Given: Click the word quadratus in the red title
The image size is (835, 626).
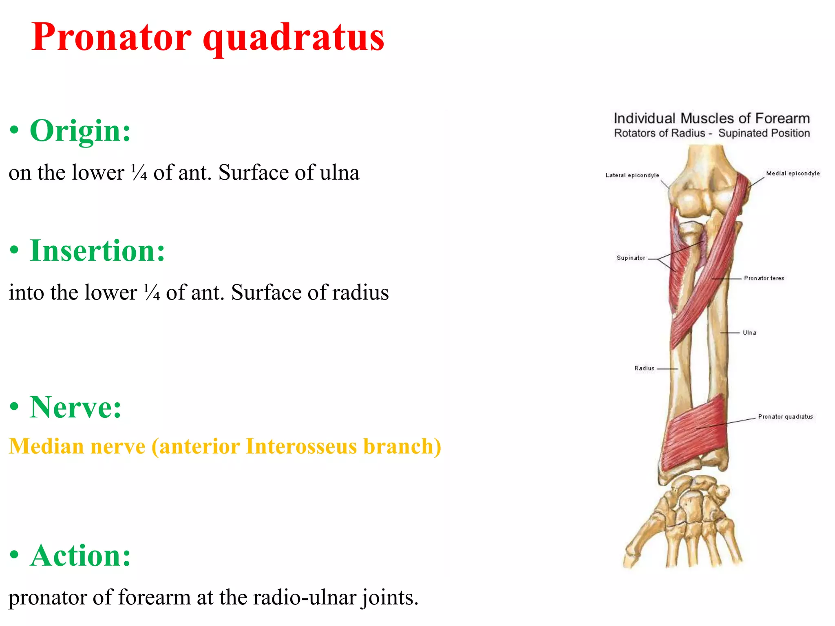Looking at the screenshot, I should pyautogui.click(x=294, y=37).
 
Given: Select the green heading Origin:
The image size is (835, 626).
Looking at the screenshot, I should pyautogui.click(x=80, y=131).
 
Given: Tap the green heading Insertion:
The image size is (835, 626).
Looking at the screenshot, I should pyautogui.click(x=97, y=251).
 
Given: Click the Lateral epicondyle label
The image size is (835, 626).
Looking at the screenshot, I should pyautogui.click(x=632, y=175).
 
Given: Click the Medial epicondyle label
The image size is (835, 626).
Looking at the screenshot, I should pyautogui.click(x=793, y=173).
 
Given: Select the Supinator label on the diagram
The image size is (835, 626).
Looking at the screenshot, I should pyautogui.click(x=631, y=258).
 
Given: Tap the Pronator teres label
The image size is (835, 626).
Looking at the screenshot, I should pyautogui.click(x=764, y=278).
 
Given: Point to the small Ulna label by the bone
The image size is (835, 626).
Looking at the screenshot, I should pyautogui.click(x=749, y=333).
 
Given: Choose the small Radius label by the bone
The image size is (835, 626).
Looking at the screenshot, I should pyautogui.click(x=644, y=368).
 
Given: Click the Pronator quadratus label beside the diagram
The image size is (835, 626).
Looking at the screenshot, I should pyautogui.click(x=785, y=417).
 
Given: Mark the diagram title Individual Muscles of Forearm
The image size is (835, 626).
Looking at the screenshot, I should pyautogui.click(x=711, y=119).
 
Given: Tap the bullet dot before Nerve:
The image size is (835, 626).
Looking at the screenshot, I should pyautogui.click(x=14, y=407).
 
